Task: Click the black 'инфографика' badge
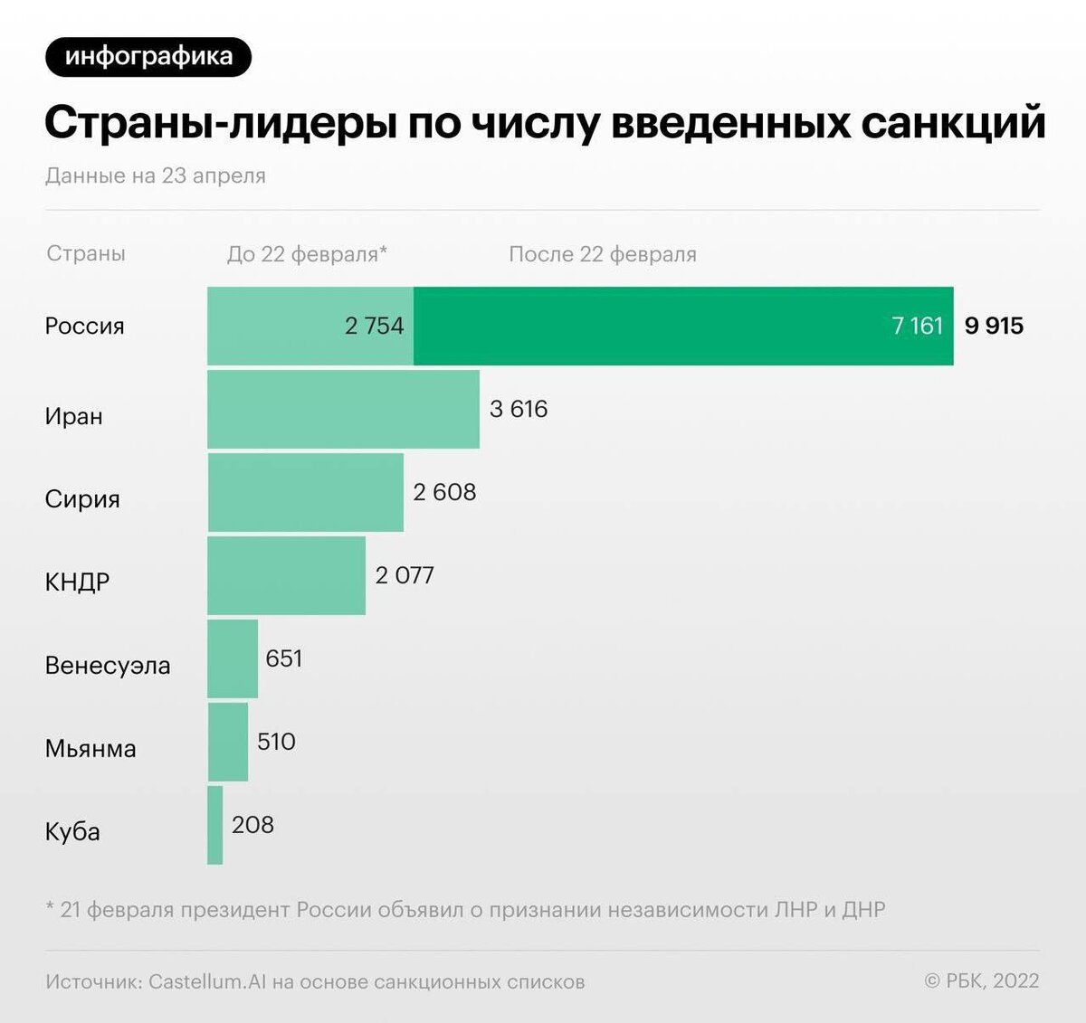148,57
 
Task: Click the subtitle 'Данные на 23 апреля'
155,175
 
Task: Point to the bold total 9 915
994,326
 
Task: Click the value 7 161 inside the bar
917,326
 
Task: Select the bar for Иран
343,409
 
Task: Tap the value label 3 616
519,409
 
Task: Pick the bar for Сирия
305,492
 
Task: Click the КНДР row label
77,582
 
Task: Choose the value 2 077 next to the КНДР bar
405,575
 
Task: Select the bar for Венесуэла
233,658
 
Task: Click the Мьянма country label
90,748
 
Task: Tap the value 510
276,742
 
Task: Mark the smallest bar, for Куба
214,825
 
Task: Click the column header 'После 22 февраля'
603,254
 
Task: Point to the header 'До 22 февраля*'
307,254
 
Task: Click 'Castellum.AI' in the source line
207,981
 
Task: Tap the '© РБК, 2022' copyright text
981,980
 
